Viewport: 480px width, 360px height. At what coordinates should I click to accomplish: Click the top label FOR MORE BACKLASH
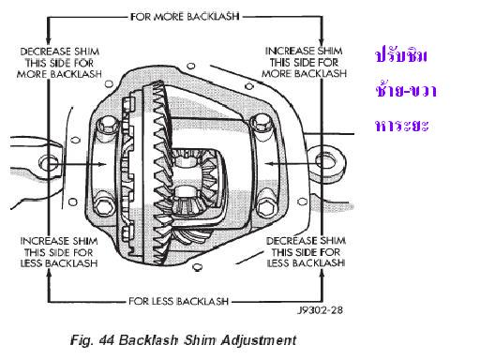185,16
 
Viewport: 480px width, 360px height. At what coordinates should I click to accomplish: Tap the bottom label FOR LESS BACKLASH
178,301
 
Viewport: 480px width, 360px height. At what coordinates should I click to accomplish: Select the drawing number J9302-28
320,310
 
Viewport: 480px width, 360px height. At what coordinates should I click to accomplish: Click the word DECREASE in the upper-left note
41,52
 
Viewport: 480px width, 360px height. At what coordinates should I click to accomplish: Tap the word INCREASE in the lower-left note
39,241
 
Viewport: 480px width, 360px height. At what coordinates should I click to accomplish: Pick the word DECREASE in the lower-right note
288,241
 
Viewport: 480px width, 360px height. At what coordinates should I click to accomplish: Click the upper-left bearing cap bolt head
107,125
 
